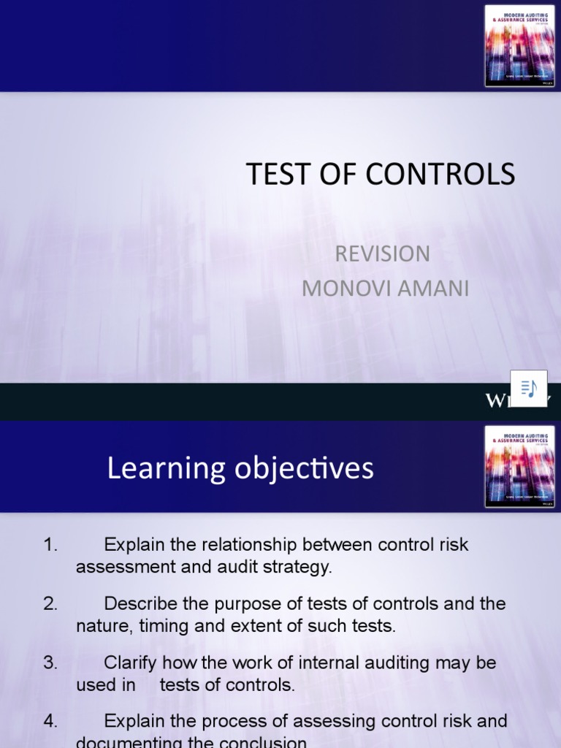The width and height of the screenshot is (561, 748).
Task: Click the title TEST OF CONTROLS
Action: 381,175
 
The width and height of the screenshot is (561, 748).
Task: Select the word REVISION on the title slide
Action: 382,253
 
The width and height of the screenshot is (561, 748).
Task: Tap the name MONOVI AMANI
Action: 385,289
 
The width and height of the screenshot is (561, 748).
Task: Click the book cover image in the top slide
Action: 519,46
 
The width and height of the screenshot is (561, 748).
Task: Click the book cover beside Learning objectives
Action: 519,467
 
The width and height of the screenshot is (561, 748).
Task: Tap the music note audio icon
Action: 529,388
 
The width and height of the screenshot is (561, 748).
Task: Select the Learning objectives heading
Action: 240,469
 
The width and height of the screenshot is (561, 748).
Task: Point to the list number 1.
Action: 50,545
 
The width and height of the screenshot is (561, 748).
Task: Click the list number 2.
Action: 50,604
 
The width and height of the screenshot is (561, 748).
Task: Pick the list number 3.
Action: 50,663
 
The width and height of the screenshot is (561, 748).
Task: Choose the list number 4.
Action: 50,722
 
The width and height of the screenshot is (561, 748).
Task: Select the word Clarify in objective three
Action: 130,663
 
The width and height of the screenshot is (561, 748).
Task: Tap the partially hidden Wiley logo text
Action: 511,400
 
